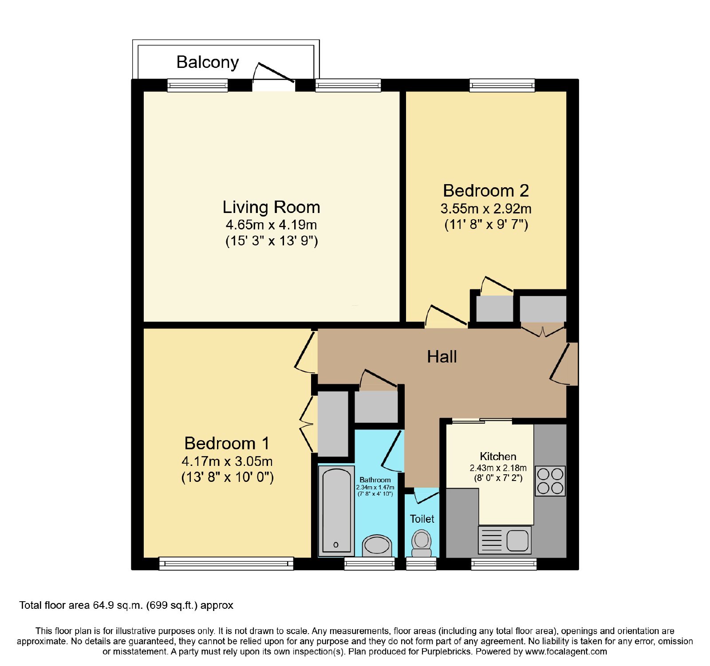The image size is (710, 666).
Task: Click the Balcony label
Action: coord(208,62)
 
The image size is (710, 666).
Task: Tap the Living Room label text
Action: coord(271,207)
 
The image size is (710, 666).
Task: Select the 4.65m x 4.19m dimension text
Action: coord(271,225)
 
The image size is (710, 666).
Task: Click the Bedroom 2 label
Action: coord(486,191)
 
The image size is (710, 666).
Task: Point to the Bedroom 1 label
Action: coord(227,443)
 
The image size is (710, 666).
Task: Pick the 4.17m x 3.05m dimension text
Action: coord(227,461)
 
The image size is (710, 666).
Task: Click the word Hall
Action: coord(442,357)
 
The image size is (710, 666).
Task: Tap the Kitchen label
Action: coord(498,457)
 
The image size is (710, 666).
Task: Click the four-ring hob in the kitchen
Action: coord(550,481)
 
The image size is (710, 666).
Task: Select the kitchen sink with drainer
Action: coord(505,540)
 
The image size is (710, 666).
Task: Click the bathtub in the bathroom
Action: coord(336,511)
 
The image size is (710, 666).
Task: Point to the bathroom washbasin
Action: coord(377,545)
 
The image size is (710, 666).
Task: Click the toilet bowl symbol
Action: coord(422,544)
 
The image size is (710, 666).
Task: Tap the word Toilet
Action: coord(422,519)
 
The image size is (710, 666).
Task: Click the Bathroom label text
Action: coord(375,480)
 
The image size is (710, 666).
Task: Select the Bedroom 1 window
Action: coord(226,564)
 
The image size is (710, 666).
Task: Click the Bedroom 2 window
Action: coord(502,85)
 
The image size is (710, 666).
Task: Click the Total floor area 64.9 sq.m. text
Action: coord(126,605)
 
